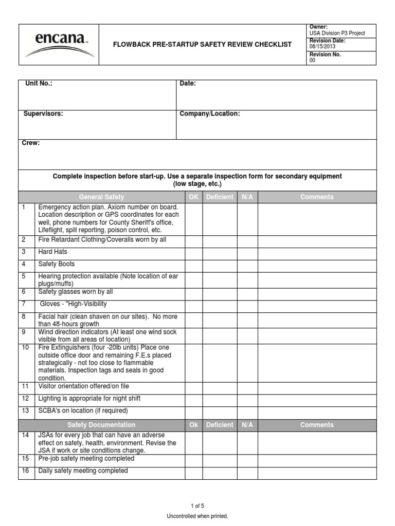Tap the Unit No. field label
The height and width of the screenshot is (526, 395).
pyautogui.click(x=39, y=84)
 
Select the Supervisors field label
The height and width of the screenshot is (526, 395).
pyautogui.click(x=43, y=114)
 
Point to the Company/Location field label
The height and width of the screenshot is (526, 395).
pyautogui.click(x=209, y=114)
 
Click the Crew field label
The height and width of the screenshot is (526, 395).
pyautogui.click(x=30, y=143)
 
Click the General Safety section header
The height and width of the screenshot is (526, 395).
pyautogui.click(x=101, y=197)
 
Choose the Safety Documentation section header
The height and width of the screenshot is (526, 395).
pyautogui.click(x=101, y=425)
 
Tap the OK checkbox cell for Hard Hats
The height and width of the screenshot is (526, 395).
pyautogui.click(x=193, y=252)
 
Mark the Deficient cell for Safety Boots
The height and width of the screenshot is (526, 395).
pyautogui.click(x=220, y=265)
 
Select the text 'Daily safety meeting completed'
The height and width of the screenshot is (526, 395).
pyautogui.click(x=83, y=471)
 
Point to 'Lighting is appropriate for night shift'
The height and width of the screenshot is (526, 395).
pyautogui.click(x=89, y=399)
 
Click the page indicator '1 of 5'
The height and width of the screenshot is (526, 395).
pyautogui.click(x=197, y=506)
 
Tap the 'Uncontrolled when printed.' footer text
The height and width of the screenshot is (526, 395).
pyautogui.click(x=197, y=516)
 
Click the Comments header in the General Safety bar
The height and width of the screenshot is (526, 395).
pyautogui.click(x=317, y=197)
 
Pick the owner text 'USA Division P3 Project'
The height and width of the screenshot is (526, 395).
pyautogui.click(x=337, y=33)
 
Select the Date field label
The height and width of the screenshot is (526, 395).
pyautogui.click(x=188, y=84)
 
